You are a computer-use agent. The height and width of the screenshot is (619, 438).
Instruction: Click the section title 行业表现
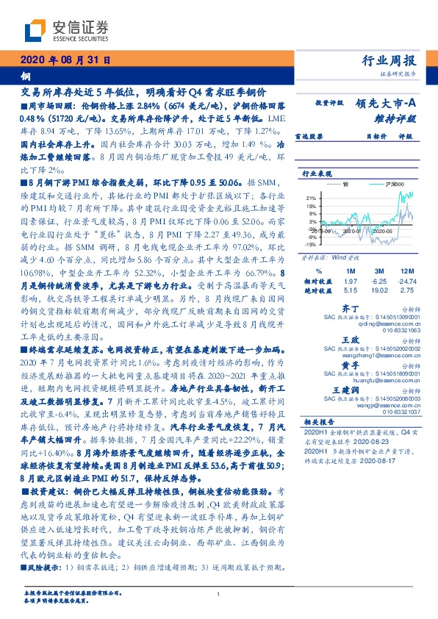pyautogui.click(x=315, y=173)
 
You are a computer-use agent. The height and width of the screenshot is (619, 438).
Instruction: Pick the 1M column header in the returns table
pyautogui.click(x=351, y=272)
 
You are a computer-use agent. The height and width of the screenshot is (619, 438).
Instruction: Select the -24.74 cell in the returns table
pyautogui.click(x=409, y=281)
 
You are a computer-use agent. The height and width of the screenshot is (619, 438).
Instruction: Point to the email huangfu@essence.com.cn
pyautogui.click(x=391, y=379)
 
